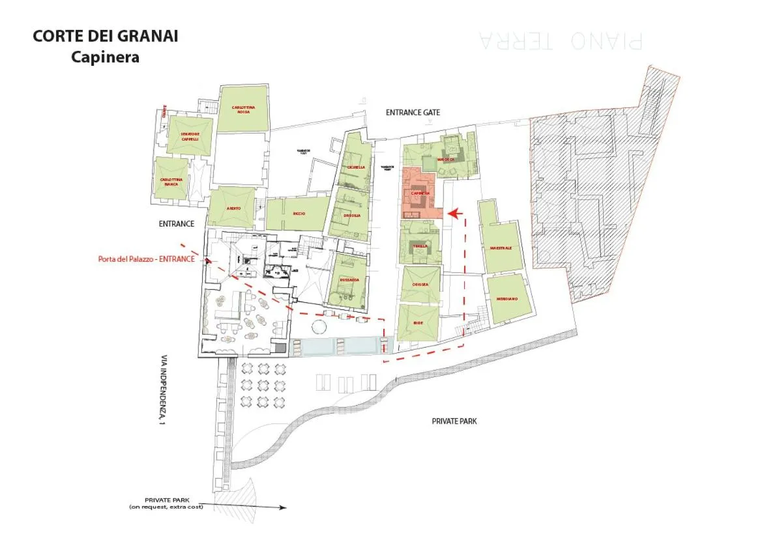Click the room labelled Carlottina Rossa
click(x=242, y=109)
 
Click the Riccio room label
click(x=299, y=214)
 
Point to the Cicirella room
click(x=357, y=167)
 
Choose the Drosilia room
click(x=351, y=216)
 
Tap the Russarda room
click(x=349, y=280)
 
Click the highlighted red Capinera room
click(x=420, y=193)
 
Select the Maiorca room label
click(x=446, y=159)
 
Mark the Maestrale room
click(x=501, y=247)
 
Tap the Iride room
click(x=418, y=322)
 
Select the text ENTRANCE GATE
click(x=413, y=113)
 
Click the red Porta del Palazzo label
click(x=146, y=259)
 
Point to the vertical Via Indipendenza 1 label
click(x=162, y=390)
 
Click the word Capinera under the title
click(x=105, y=57)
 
